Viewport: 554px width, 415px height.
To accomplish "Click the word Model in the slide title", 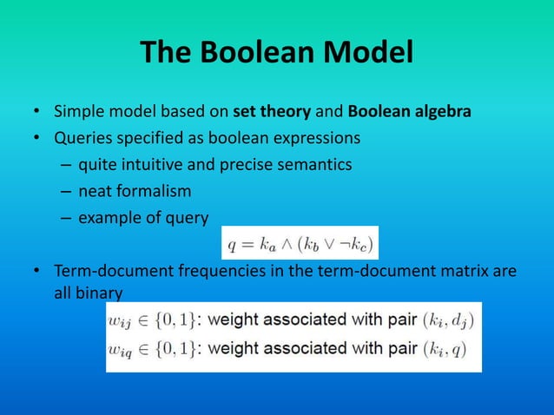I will click(x=370, y=54).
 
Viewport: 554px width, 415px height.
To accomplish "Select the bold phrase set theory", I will click(x=266, y=113).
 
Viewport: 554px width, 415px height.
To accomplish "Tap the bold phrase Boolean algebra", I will click(x=410, y=113).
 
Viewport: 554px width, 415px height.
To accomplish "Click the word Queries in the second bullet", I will click(x=81, y=138).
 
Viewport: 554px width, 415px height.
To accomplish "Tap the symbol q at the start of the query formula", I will click(x=232, y=244).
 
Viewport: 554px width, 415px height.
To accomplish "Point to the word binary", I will click(x=99, y=294).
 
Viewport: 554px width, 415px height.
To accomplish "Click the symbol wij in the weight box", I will click(x=121, y=319).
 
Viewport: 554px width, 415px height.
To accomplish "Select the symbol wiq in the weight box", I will click(x=121, y=349).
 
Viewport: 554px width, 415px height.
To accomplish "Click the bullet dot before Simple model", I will click(x=38, y=114).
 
